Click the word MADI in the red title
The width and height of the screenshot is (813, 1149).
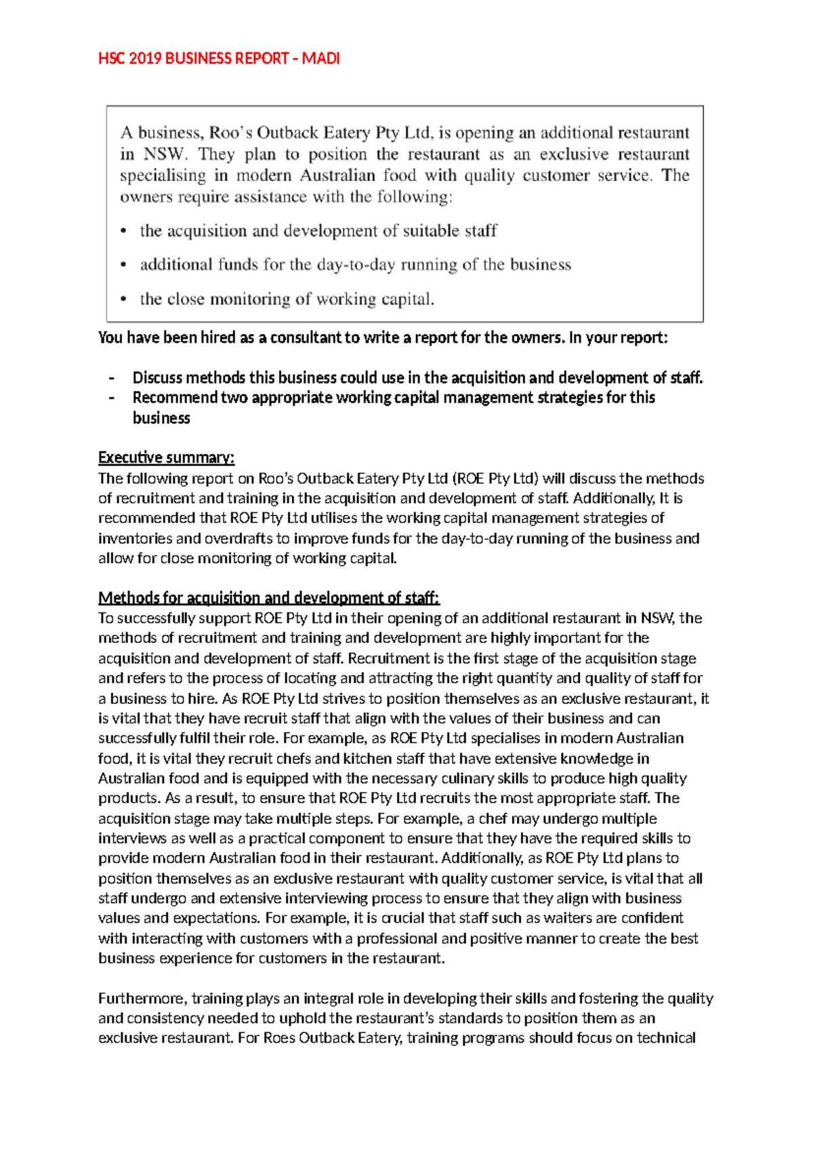coord(320,59)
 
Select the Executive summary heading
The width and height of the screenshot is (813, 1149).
coord(167,458)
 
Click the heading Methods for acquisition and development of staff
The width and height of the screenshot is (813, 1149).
coord(269,598)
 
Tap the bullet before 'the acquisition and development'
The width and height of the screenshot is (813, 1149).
coord(123,232)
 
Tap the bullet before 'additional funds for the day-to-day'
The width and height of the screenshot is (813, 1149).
coord(123,266)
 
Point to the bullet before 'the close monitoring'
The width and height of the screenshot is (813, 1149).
coord(123,299)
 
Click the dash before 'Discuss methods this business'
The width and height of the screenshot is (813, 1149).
coord(112,378)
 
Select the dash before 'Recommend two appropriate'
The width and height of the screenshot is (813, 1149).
coord(112,398)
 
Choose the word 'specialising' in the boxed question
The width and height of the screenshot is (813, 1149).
coord(163,176)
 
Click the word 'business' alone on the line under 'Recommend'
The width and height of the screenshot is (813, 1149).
coord(161,419)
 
